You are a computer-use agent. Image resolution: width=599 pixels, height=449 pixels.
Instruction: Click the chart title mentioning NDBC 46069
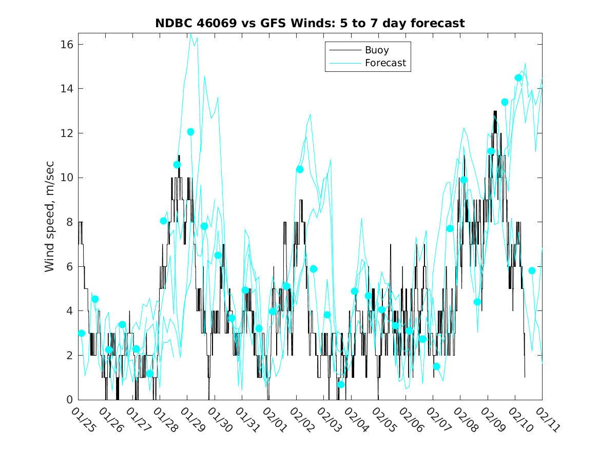[x=310, y=23]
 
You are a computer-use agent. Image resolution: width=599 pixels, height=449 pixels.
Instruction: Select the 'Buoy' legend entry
[x=376, y=50]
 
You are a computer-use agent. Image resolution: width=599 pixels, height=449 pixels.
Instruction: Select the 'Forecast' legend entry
[x=385, y=63]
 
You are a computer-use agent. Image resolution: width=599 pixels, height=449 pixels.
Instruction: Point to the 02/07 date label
[x=438, y=420]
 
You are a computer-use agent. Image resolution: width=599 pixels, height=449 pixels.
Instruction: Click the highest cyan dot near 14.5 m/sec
[x=518, y=78]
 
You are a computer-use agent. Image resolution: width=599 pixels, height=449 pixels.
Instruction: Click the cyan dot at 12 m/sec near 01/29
[x=190, y=132]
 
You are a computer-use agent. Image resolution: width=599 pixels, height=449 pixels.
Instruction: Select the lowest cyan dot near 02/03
[x=341, y=384]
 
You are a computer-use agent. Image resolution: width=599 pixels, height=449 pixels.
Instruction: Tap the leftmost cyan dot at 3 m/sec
[x=82, y=333]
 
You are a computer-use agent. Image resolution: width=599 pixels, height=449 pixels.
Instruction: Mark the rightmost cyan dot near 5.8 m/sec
[x=532, y=270]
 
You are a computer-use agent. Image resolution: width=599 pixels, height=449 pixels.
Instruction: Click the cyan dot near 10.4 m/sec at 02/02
[x=300, y=169]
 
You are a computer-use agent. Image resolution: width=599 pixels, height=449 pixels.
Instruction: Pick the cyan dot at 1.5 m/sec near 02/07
[x=436, y=366]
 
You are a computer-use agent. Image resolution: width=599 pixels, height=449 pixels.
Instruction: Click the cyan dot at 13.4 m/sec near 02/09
[x=505, y=102]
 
